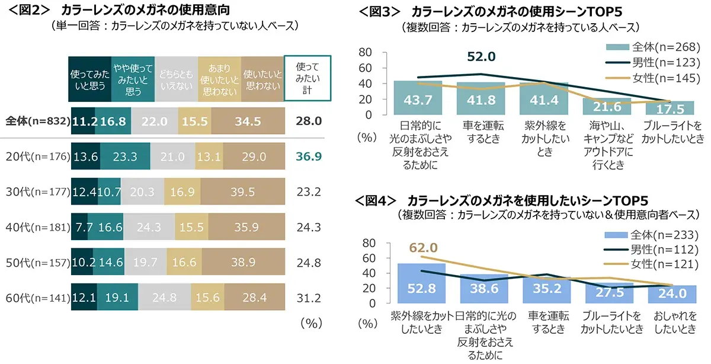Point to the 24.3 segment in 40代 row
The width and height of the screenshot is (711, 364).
(148, 226)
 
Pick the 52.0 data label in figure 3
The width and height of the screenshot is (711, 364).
(481, 56)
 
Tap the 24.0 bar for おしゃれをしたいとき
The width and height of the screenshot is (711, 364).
(671, 294)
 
